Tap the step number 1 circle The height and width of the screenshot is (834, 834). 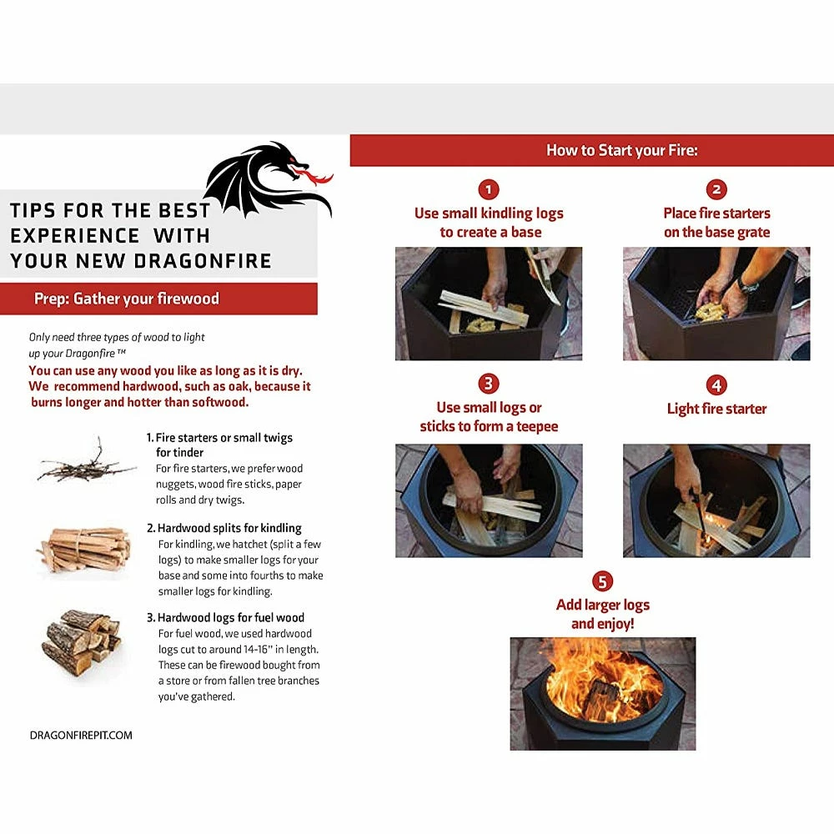coord(489,189)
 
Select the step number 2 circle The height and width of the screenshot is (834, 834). coord(716,189)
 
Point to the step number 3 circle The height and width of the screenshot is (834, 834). coord(489,384)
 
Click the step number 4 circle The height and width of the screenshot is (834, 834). coord(716,384)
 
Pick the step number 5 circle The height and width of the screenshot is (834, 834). coord(602,580)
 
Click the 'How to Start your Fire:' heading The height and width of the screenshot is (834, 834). coord(621,151)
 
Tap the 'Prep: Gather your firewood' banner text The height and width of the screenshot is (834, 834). coord(127,299)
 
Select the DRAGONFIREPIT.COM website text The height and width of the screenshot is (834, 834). coord(81,735)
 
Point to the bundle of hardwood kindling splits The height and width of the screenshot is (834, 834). coord(85,549)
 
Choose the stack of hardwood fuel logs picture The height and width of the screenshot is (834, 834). coord(82,641)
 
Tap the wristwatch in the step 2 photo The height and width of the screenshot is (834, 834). coord(748,285)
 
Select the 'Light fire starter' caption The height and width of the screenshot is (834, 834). coord(716,409)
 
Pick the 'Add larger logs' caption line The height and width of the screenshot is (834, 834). coord(602,605)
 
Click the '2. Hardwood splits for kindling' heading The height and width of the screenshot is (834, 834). coord(224,528)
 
